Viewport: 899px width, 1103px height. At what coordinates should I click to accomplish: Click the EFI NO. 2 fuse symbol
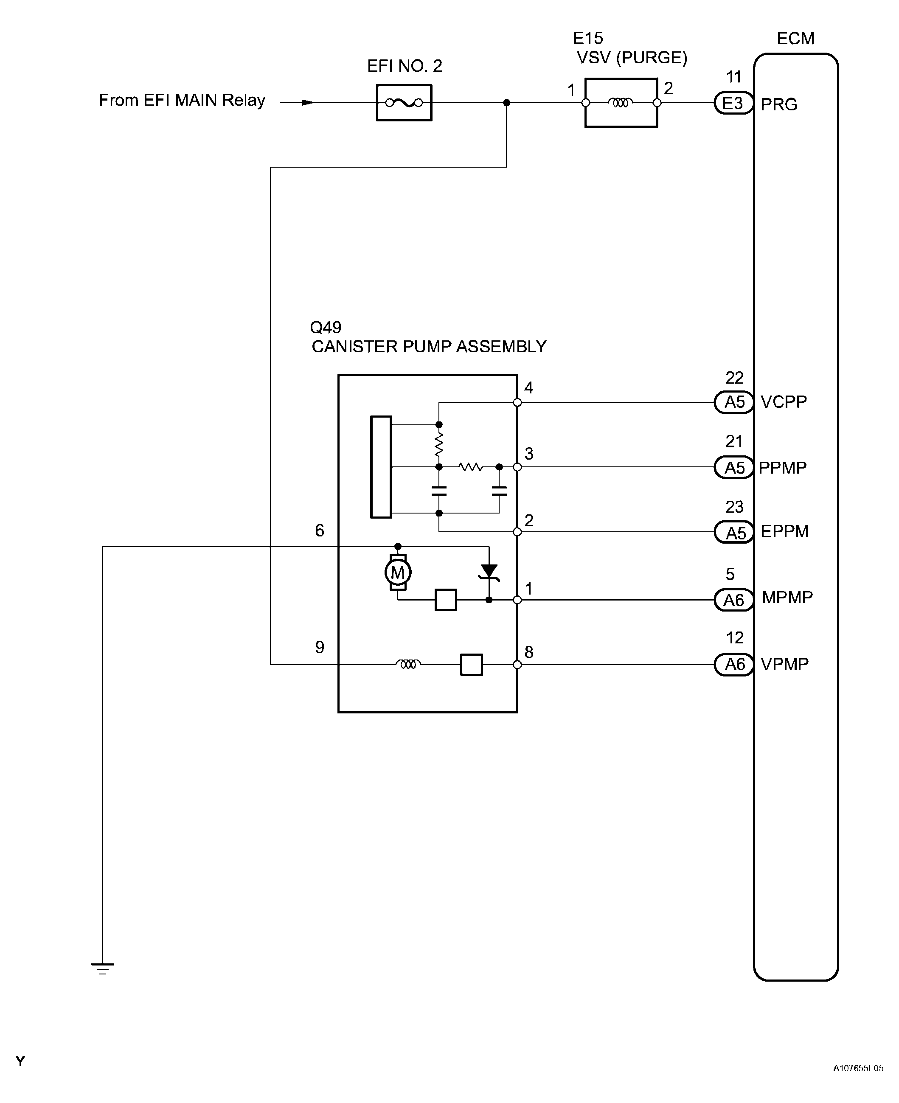404,103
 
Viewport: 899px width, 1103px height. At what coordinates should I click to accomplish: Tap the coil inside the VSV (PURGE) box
621,103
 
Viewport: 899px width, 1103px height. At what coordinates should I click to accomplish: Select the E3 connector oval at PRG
733,103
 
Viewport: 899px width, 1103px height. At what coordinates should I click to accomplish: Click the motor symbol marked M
398,572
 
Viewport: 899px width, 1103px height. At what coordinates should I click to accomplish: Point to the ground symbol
103,969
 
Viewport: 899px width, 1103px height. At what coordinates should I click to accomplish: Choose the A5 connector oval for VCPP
733,402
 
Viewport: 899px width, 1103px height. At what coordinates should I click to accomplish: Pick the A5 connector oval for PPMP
733,467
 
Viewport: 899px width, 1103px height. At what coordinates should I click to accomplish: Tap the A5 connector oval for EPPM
733,532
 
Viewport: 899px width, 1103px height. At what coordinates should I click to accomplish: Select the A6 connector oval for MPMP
733,600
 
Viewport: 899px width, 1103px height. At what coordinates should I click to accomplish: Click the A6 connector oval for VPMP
733,665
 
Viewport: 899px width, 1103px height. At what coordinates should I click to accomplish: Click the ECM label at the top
795,38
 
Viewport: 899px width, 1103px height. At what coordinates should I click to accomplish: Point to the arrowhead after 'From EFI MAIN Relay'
308,103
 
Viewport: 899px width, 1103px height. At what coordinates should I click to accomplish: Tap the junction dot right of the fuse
506,103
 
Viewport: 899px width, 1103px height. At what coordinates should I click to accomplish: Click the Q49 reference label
326,327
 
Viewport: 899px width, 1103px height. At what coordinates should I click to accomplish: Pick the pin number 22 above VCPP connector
734,378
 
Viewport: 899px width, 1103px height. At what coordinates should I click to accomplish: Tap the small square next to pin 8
471,665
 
